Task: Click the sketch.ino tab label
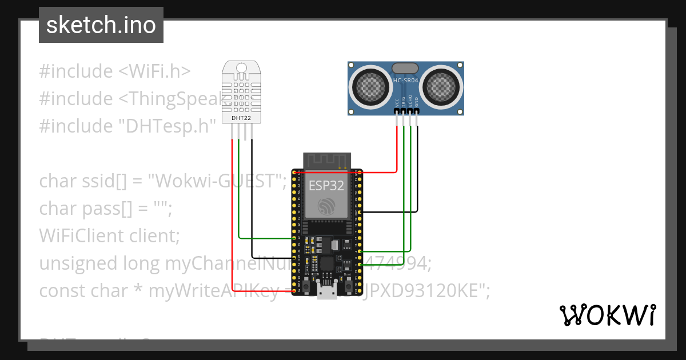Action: pyautogui.click(x=101, y=25)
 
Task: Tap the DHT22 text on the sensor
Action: pyautogui.click(x=241, y=118)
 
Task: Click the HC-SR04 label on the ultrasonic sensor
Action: pyautogui.click(x=406, y=81)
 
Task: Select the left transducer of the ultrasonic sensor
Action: pyautogui.click(x=372, y=86)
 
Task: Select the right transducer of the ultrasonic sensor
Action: pyautogui.click(x=441, y=86)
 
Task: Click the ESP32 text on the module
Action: pyautogui.click(x=327, y=186)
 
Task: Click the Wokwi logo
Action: pyautogui.click(x=607, y=315)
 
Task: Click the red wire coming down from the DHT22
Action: pyautogui.click(x=232, y=217)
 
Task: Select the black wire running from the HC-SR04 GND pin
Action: pyautogui.click(x=417, y=171)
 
